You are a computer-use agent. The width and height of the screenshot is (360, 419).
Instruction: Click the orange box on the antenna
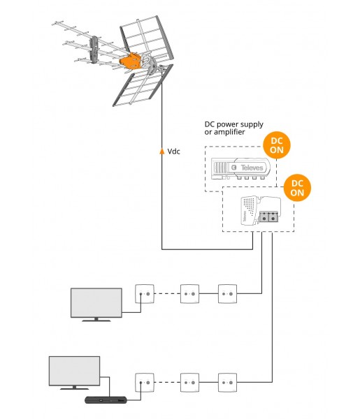tap(130, 61)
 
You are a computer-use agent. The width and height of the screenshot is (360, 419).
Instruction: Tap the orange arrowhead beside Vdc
tap(161, 152)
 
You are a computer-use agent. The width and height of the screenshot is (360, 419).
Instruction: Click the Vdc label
tap(173, 152)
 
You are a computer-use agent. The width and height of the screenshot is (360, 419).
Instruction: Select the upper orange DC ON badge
tap(277, 145)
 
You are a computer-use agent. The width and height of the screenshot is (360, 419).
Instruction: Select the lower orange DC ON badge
tap(297, 188)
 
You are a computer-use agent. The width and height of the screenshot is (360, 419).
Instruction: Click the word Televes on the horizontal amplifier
tap(252, 168)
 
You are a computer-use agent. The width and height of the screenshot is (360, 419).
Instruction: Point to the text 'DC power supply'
tap(233, 124)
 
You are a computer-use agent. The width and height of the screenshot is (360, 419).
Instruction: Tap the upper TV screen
tap(96, 303)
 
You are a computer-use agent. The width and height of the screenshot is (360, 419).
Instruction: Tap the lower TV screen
tap(74, 371)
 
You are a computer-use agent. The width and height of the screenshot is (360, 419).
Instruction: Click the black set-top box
tap(106, 400)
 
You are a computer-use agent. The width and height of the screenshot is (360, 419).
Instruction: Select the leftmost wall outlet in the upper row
tap(145, 294)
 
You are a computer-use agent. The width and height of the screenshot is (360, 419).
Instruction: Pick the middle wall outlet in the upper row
tap(189, 294)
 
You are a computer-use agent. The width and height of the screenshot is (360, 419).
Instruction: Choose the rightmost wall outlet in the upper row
tap(227, 294)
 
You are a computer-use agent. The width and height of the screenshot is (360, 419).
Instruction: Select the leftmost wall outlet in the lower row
tap(145, 383)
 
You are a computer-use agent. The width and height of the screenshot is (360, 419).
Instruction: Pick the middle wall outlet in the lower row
tap(189, 383)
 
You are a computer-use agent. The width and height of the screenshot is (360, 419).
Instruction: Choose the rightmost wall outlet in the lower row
tap(227, 383)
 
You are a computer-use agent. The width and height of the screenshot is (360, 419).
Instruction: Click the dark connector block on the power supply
tap(268, 216)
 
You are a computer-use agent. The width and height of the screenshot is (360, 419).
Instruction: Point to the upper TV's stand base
tap(96, 321)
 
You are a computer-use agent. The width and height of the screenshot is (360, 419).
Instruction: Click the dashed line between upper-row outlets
tap(167, 294)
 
